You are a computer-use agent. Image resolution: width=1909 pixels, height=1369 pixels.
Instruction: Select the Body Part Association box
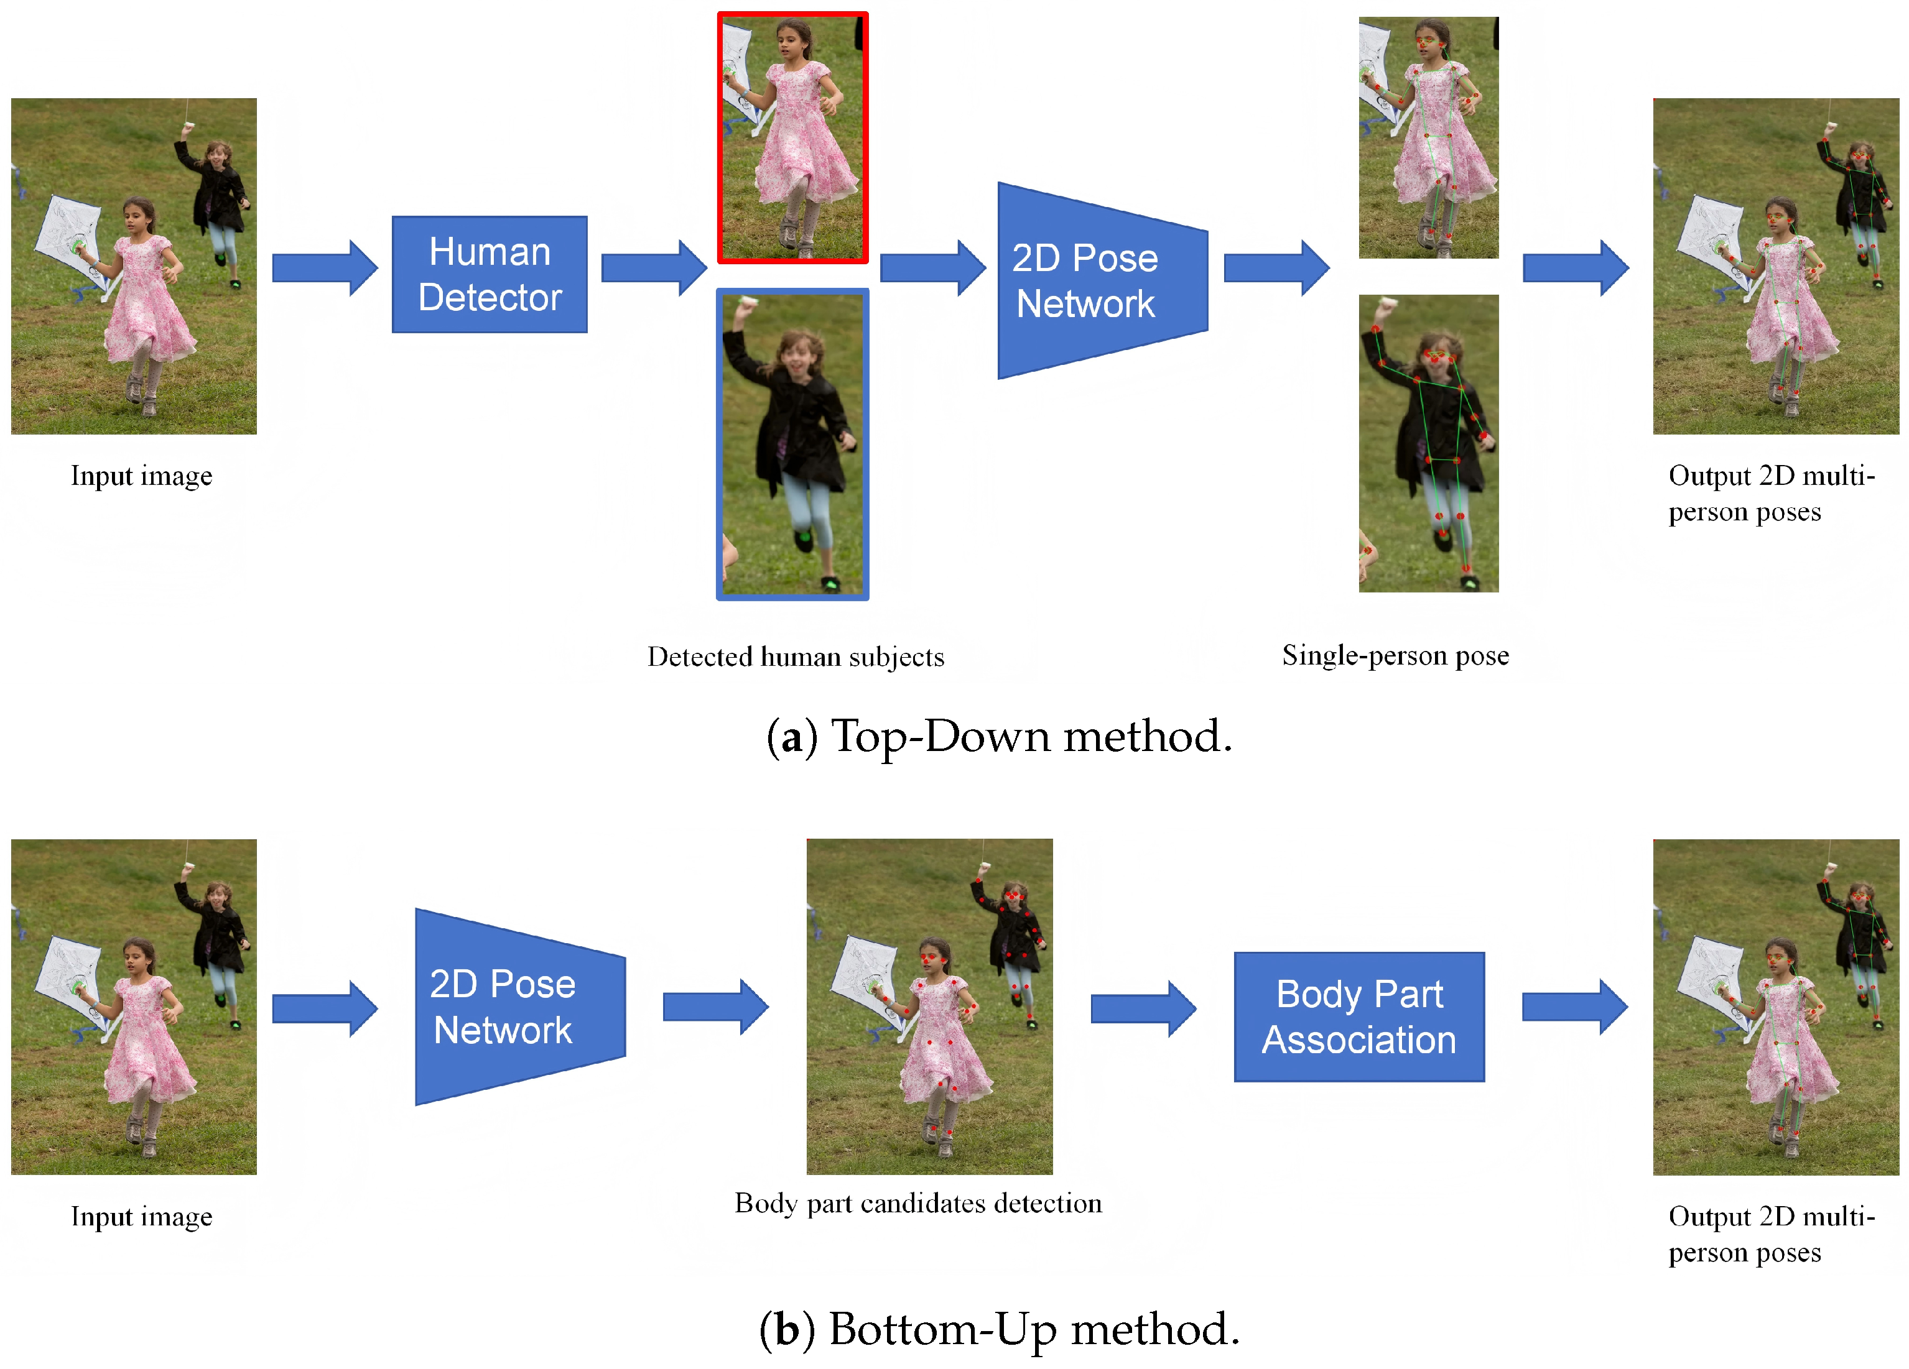pyautogui.click(x=1358, y=1016)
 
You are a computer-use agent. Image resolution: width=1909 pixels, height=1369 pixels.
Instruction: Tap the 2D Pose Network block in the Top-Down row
pyautogui.click(x=1094, y=281)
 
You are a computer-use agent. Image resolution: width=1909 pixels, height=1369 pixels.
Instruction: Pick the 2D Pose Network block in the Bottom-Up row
pyautogui.click(x=513, y=1007)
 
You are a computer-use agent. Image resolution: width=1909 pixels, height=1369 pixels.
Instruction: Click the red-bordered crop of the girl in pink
pyautogui.click(x=792, y=138)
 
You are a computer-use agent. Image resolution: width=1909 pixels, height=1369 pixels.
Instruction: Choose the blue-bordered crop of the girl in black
pyautogui.click(x=792, y=445)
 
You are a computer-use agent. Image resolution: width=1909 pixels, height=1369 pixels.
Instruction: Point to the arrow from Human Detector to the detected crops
pyautogui.click(x=653, y=267)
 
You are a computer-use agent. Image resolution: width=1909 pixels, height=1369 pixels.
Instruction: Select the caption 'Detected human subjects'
pyautogui.click(x=796, y=657)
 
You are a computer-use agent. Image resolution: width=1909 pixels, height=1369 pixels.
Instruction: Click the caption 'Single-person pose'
pyautogui.click(x=1395, y=655)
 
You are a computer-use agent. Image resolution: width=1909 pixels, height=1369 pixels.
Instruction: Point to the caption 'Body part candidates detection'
pyautogui.click(x=917, y=1203)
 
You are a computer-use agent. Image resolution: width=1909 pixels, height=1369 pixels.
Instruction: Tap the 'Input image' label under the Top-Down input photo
pyautogui.click(x=141, y=476)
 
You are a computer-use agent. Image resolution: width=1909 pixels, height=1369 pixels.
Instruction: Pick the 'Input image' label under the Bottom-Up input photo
pyautogui.click(x=141, y=1217)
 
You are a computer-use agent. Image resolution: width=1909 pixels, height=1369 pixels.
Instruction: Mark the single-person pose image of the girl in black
pyautogui.click(x=1428, y=443)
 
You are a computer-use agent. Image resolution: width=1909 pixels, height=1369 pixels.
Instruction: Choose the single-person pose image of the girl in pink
pyautogui.click(x=1428, y=137)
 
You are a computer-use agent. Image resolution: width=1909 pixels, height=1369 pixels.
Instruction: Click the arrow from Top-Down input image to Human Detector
pyautogui.click(x=324, y=267)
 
